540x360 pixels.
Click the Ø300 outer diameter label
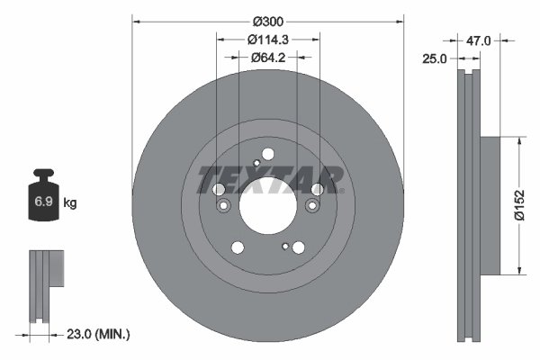[268, 20]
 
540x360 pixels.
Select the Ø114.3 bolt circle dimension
[268, 40]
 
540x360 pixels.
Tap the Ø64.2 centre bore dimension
[268, 58]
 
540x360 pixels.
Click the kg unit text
[70, 203]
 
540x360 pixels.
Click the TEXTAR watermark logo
[268, 178]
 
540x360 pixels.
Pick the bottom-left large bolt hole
[238, 247]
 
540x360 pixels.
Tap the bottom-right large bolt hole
[298, 247]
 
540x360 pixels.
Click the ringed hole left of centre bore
[222, 206]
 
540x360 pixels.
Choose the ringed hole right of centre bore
[312, 207]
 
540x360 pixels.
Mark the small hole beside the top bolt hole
[256, 163]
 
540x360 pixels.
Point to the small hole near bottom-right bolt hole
[285, 246]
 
